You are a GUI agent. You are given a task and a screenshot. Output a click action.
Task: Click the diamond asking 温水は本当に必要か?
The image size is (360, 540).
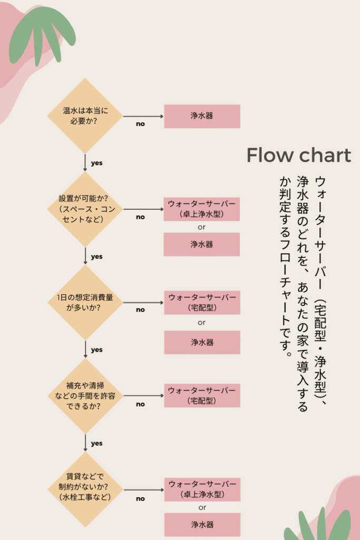(85, 116)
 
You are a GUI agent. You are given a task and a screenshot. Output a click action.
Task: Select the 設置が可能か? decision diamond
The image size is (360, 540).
(85, 209)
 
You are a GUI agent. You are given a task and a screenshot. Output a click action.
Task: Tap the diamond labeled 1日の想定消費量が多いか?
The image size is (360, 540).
(85, 302)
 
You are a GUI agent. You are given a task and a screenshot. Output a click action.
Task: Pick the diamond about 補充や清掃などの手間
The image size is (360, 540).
(85, 396)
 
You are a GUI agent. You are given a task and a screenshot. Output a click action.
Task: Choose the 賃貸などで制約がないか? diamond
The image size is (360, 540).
(85, 489)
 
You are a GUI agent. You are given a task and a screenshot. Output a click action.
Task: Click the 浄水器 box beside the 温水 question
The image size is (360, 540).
(202, 116)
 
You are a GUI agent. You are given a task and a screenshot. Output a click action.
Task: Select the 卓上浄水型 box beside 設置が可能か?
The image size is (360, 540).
(202, 209)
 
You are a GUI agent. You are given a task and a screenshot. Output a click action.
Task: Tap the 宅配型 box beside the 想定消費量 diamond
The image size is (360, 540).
(202, 302)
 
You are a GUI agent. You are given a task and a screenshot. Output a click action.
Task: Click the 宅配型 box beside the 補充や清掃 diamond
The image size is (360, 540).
(202, 396)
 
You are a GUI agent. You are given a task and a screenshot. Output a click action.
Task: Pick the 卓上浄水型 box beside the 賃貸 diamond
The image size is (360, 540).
(202, 489)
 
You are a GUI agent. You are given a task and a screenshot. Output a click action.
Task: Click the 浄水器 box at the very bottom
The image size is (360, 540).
(202, 525)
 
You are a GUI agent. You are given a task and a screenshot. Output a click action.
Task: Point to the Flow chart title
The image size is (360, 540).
(299, 155)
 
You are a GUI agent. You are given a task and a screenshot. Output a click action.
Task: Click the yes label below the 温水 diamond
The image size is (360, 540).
(96, 163)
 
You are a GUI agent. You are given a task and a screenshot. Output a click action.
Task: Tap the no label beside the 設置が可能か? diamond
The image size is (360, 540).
(140, 217)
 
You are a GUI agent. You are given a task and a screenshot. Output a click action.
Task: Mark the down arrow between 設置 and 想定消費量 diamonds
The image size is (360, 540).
(85, 256)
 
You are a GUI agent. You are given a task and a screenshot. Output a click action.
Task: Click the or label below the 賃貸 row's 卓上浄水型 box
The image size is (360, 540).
(202, 508)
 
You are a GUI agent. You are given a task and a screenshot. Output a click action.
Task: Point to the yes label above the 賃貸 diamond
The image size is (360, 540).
(96, 443)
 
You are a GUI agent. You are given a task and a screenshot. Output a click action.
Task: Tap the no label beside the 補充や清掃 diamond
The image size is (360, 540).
(140, 404)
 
